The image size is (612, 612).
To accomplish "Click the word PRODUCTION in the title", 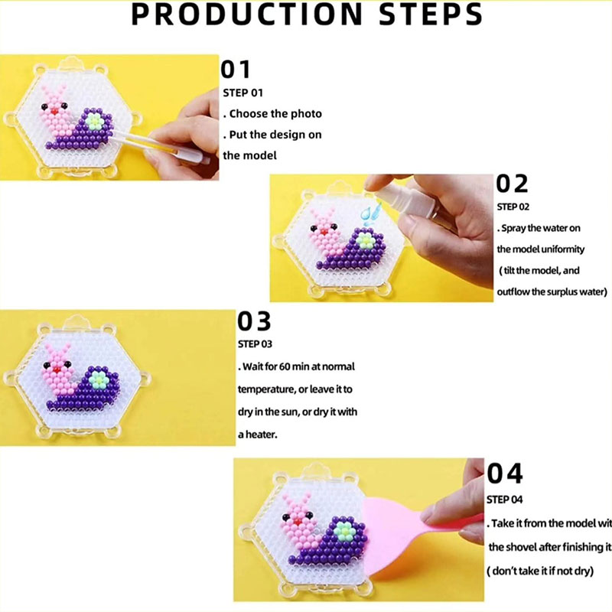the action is (x=247, y=15).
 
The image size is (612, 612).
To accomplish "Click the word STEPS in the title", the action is (x=431, y=15).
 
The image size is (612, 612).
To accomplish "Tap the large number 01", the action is (x=236, y=70).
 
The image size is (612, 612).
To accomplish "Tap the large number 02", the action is (x=512, y=184).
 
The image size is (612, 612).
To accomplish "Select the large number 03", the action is (x=254, y=321).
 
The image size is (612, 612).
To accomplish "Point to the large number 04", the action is (x=505, y=473).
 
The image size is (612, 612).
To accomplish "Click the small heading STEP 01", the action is (x=243, y=93).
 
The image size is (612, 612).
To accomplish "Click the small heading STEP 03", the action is (x=255, y=343).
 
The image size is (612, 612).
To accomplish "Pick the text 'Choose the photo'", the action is (x=275, y=114).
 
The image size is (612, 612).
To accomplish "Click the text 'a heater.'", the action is (x=258, y=435).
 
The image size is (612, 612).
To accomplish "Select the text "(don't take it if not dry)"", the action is (x=540, y=571).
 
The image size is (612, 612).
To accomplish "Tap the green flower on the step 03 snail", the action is (x=98, y=379).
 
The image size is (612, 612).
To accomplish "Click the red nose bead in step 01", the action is (x=54, y=111).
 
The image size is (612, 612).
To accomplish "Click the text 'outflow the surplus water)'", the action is (x=552, y=292).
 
